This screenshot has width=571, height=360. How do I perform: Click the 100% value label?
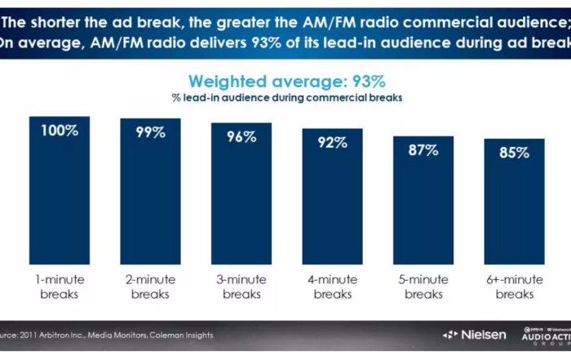pyautogui.click(x=60, y=130)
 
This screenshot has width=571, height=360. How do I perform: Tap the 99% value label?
pyautogui.click(x=150, y=132)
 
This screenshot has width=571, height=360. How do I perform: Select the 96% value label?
pyautogui.click(x=241, y=137)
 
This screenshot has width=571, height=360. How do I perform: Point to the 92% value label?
pyautogui.click(x=332, y=143)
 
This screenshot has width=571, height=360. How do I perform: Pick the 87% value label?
pyautogui.click(x=423, y=150)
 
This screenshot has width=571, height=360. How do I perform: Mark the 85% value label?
pyautogui.click(x=513, y=153)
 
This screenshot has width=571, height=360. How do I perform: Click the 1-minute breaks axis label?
pyautogui.click(x=60, y=287)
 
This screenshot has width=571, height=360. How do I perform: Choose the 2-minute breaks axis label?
pyautogui.click(x=150, y=287)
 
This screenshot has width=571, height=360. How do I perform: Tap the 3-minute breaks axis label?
pyautogui.click(x=241, y=287)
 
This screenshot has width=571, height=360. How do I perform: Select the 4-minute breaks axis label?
pyautogui.click(x=332, y=287)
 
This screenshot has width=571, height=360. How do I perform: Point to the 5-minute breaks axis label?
pyautogui.click(x=423, y=287)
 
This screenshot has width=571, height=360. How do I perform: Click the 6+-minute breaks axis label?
pyautogui.click(x=513, y=287)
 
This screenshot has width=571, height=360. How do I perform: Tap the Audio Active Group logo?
pyautogui.click(x=544, y=335)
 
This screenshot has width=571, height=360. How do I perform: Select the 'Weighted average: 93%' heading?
pyautogui.click(x=286, y=82)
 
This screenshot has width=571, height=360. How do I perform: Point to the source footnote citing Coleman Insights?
pyautogui.click(x=106, y=335)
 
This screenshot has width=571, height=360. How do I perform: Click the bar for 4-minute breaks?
pyautogui.click(x=332, y=196)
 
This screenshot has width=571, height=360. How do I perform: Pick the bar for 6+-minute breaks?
pyautogui.click(x=513, y=204)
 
